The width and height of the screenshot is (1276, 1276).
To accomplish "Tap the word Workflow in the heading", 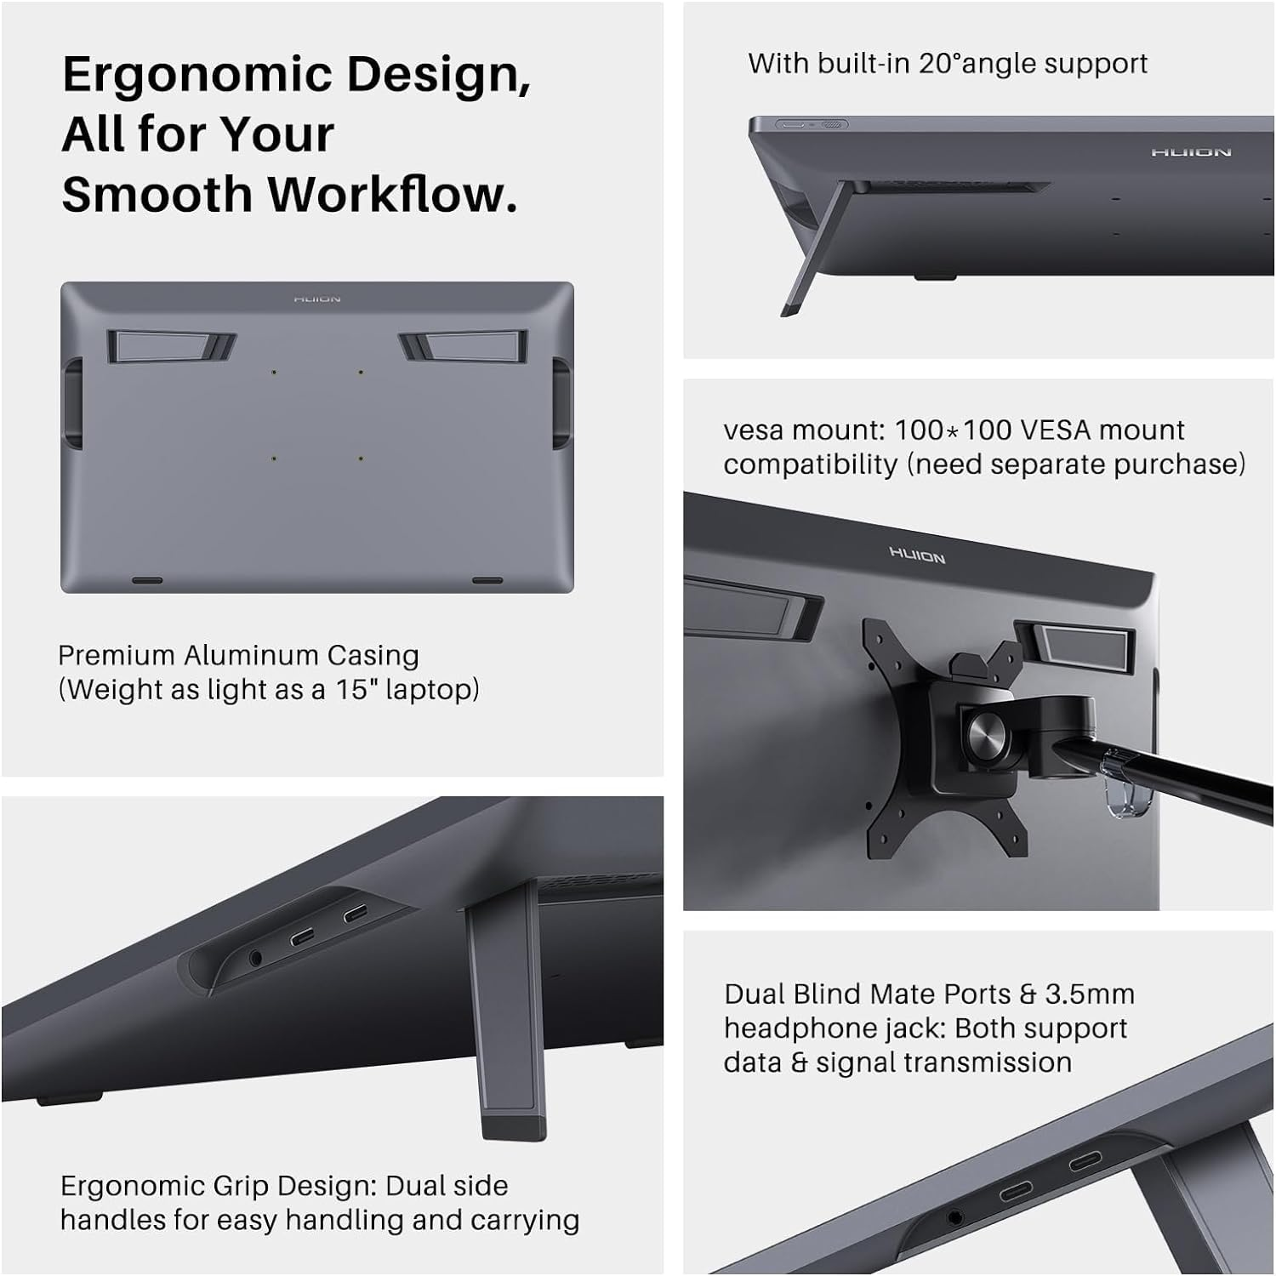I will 393,194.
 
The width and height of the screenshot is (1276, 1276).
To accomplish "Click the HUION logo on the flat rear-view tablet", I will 317,299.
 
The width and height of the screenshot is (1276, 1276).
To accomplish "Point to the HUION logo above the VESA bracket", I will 917,555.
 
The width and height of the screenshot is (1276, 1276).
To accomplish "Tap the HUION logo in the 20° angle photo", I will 1191,152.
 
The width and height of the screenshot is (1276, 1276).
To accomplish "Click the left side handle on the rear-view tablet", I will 73,402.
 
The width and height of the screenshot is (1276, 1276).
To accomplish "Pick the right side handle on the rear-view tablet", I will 561,402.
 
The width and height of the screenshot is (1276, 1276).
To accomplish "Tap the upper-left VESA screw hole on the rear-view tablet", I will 273,373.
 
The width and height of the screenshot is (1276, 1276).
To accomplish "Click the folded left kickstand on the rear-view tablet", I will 170,345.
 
